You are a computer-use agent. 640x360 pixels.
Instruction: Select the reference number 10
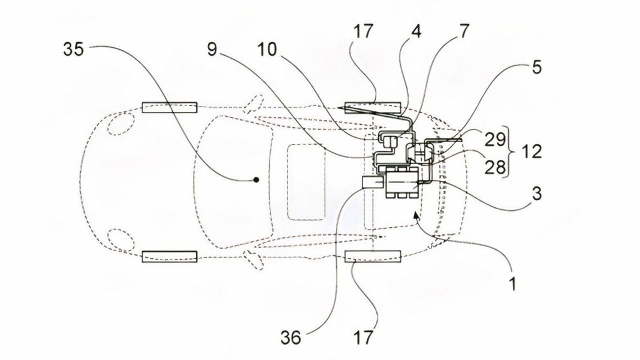267,50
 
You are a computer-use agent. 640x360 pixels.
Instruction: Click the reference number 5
536,68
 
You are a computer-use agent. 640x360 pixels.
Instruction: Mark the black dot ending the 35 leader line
256,179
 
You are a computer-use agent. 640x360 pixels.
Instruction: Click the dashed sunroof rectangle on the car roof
306,180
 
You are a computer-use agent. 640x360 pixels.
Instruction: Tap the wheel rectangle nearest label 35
169,107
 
